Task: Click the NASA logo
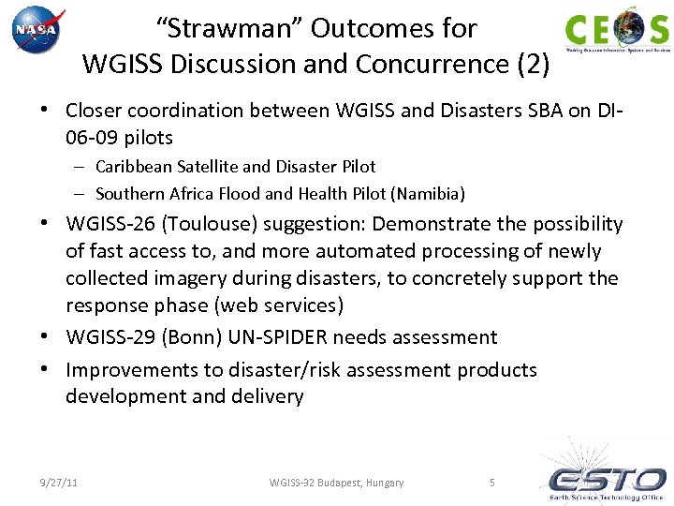(38, 30)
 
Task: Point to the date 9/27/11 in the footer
(58, 483)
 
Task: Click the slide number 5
(492, 483)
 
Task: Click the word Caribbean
(138, 167)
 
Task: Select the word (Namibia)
(428, 194)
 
